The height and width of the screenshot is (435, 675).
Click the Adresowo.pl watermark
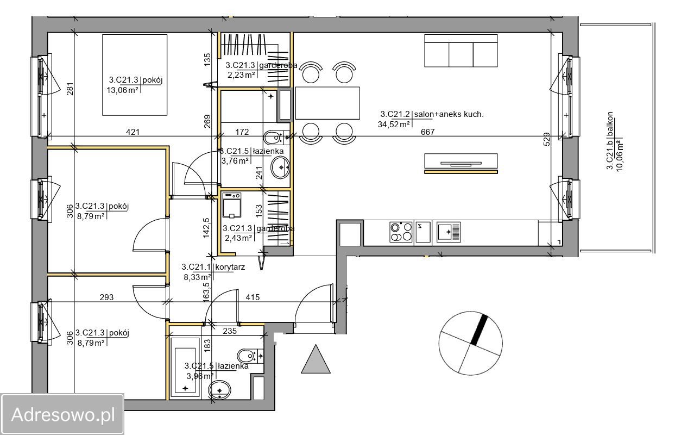click(x=62, y=414)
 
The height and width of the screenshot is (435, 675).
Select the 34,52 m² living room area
click(x=394, y=125)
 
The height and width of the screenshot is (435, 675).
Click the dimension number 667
click(x=427, y=132)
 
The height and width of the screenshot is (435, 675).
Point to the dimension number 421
click(x=133, y=132)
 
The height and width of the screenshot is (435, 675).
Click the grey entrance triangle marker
click(x=316, y=359)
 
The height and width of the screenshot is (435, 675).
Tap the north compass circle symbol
click(x=470, y=343)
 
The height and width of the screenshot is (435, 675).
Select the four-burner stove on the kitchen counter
click(x=401, y=232)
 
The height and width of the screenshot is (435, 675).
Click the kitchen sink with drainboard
click(x=449, y=232)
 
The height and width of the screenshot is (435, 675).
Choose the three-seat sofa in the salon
click(x=460, y=51)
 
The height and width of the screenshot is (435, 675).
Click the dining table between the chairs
click(x=327, y=103)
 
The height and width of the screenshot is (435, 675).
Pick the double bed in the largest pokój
click(x=134, y=75)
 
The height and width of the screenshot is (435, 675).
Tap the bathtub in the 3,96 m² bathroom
click(x=185, y=367)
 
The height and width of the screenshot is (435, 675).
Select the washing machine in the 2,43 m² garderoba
click(x=232, y=205)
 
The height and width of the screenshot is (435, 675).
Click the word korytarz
click(x=230, y=267)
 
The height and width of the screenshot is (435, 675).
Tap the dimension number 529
click(x=547, y=139)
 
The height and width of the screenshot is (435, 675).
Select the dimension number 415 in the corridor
click(x=253, y=297)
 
